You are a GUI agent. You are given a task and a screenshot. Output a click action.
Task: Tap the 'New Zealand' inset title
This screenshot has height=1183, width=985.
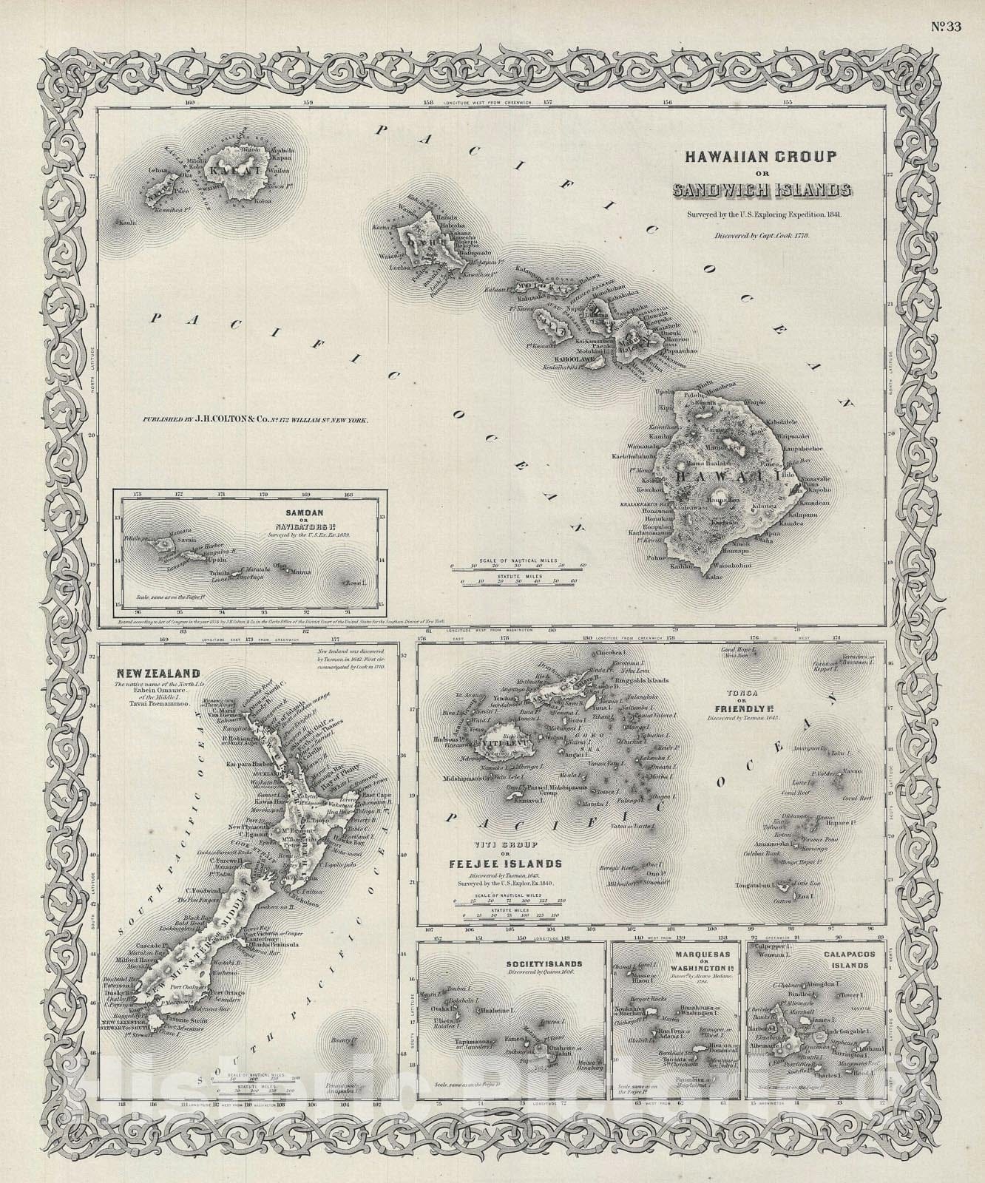pyautogui.click(x=157, y=673)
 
